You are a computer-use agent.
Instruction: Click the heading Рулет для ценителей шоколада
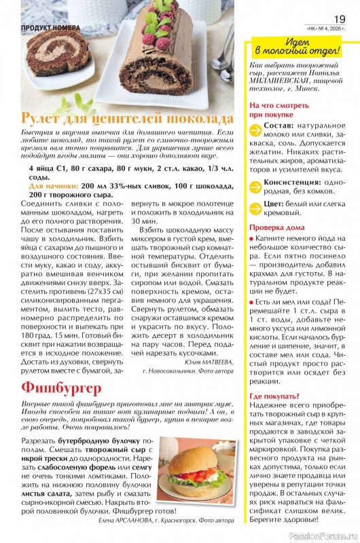click(x=128, y=115)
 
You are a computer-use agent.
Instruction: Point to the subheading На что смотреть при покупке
click(x=278, y=111)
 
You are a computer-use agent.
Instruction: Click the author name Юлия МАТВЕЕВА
click(x=202, y=362)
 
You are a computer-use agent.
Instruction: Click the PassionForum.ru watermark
click(x=326, y=536)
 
